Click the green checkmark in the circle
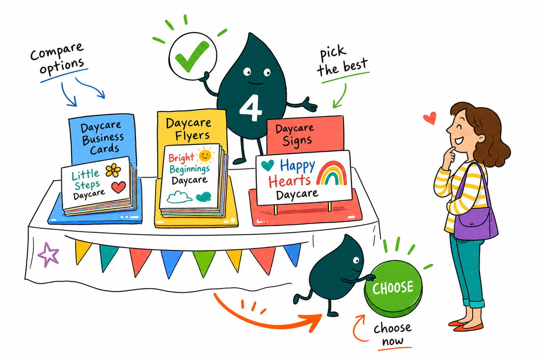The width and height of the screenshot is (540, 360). click(191, 56)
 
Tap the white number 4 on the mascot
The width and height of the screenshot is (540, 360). click(251, 108)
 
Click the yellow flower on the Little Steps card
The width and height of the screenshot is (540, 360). click(113, 170)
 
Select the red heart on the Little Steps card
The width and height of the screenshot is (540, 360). click(118, 187)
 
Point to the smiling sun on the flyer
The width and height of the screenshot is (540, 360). click(205, 155)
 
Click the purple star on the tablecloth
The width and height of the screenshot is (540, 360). click(48, 255)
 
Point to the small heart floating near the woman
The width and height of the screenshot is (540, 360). click(430, 118)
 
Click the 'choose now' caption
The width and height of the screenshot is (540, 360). click(393, 334)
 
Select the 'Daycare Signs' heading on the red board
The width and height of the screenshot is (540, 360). click(295, 135)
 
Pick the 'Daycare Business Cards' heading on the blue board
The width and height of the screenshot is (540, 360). click(102, 138)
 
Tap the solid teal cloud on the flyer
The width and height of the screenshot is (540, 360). click(204, 196)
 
